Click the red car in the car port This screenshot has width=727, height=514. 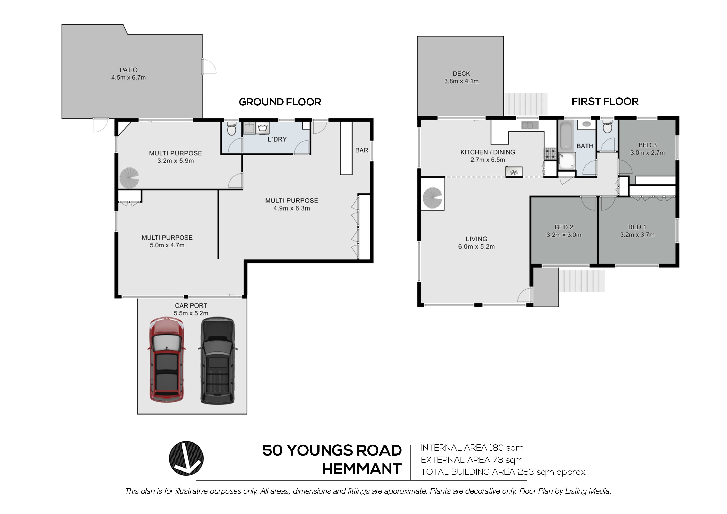point(166,360)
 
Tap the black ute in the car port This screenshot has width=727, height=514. point(218,361)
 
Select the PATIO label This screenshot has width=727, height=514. point(128,70)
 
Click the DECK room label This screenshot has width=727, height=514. point(461,74)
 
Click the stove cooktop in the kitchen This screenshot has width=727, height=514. point(550,154)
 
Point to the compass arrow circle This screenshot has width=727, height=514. point(186,458)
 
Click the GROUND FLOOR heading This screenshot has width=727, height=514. point(280,102)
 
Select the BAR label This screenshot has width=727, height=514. point(362,150)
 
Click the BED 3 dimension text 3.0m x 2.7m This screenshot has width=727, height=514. point(648,153)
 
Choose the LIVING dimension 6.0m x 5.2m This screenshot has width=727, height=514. point(476,246)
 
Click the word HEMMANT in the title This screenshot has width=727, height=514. point(362,469)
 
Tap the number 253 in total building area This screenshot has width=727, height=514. point(526,472)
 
